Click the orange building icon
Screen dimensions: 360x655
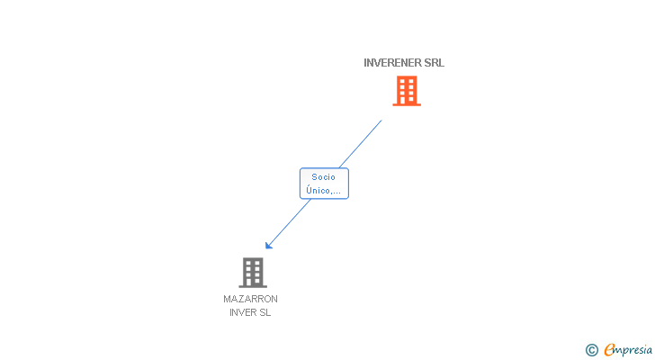pos(407,90)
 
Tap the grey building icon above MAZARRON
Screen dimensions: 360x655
pos(253,272)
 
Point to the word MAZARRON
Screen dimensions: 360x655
pos(250,299)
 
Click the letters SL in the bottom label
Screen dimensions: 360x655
pos(265,313)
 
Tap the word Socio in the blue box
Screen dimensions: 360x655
pos(324,177)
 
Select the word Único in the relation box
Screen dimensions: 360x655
pos(318,190)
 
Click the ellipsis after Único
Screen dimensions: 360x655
pos(336,191)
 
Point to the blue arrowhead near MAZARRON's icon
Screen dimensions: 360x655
pos(268,246)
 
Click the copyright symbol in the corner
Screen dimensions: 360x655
pos(592,350)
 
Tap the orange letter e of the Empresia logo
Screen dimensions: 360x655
pos(609,350)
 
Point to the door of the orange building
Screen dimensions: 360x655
pos(407,100)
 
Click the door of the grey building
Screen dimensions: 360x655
pos(253,282)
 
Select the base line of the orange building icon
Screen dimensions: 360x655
pos(407,105)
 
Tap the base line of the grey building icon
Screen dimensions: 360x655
pos(253,286)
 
